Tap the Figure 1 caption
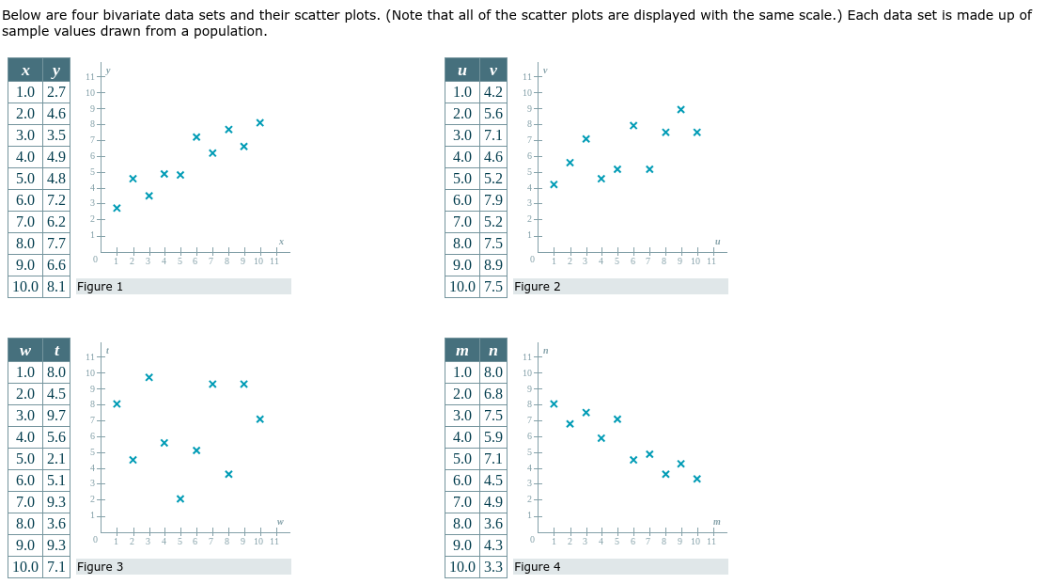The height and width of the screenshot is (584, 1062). pos(100,287)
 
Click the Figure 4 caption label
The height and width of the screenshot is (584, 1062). pos(538,567)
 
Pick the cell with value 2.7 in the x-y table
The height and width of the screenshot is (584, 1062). pos(56,92)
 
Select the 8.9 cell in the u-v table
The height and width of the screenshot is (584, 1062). pos(493,265)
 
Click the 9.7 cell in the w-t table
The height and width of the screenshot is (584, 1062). pos(56,416)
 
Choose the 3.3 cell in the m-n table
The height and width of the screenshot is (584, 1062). pos(493,567)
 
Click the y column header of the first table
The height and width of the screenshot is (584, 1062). pos(56,71)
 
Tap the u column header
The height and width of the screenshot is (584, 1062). pos(462,71)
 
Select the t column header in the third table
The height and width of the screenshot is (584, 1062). pos(56,351)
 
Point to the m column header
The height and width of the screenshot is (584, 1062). pos(462,351)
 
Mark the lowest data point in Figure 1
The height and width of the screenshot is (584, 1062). pos(117,208)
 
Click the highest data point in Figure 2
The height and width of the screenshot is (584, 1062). pos(680,109)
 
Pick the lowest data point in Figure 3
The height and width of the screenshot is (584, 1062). pos(180,498)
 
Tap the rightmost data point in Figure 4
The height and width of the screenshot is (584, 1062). pos(696,479)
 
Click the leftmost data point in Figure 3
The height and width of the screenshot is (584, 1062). pos(117,403)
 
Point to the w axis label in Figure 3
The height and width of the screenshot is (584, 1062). pos(280,523)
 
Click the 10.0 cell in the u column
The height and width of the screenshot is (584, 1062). pos(462,287)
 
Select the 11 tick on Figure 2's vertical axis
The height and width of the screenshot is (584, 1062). pos(527,76)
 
